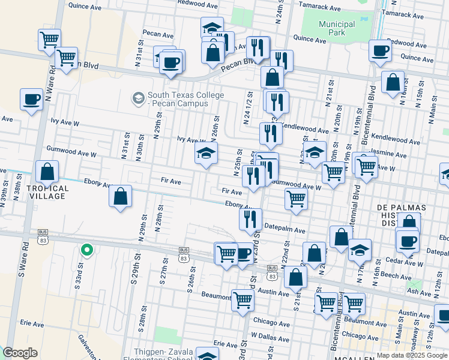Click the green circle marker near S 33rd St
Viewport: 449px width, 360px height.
coord(87,250)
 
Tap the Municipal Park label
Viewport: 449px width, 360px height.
coord(337,28)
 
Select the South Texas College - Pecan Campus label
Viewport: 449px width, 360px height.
coord(185,99)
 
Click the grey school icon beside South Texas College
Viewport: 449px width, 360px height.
coord(139,97)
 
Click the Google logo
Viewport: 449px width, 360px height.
coord(20,353)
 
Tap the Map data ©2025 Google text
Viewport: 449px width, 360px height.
coord(412,355)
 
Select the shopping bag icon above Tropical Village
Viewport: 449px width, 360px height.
coord(47,172)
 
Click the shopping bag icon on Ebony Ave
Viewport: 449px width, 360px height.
coord(121,196)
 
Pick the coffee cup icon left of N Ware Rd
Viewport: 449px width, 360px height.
coord(31,100)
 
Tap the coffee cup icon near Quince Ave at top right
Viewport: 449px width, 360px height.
coord(379,51)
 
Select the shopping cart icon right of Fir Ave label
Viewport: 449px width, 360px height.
coord(296,199)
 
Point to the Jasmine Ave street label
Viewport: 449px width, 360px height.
coord(389,154)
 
